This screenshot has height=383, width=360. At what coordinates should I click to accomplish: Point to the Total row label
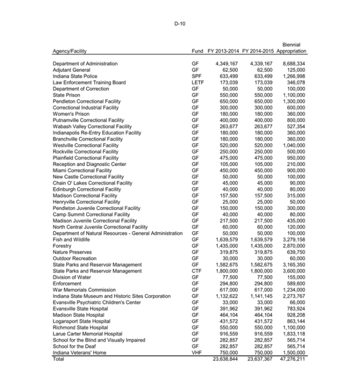click(x=58, y=359)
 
